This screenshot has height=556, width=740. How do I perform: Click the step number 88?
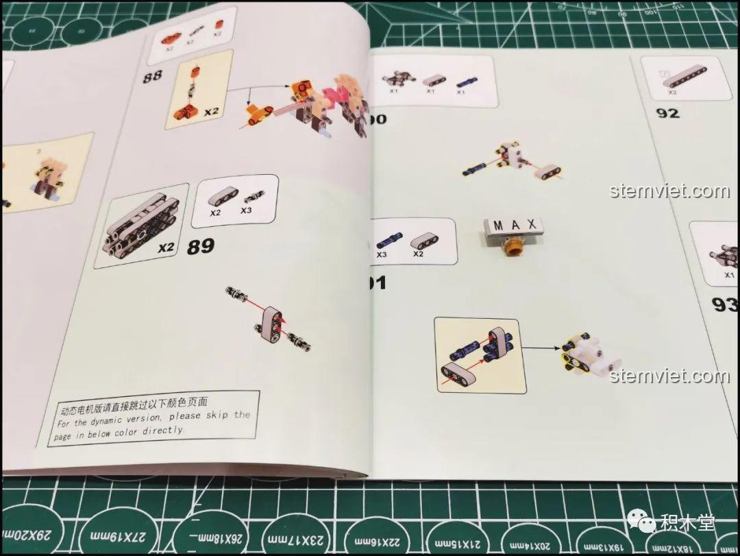point(152,76)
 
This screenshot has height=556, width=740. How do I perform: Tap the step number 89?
point(200,246)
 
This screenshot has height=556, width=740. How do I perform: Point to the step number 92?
point(667,113)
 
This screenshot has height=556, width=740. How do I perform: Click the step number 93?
point(724,304)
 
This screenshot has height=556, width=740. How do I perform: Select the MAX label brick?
point(513,225)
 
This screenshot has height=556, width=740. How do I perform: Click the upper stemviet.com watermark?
point(669,191)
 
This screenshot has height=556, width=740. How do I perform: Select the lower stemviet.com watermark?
point(669,376)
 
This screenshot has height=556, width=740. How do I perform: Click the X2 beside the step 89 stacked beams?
point(166,248)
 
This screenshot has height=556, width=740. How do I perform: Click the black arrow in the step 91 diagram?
point(541,348)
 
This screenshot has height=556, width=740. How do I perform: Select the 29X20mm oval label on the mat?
point(27,535)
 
